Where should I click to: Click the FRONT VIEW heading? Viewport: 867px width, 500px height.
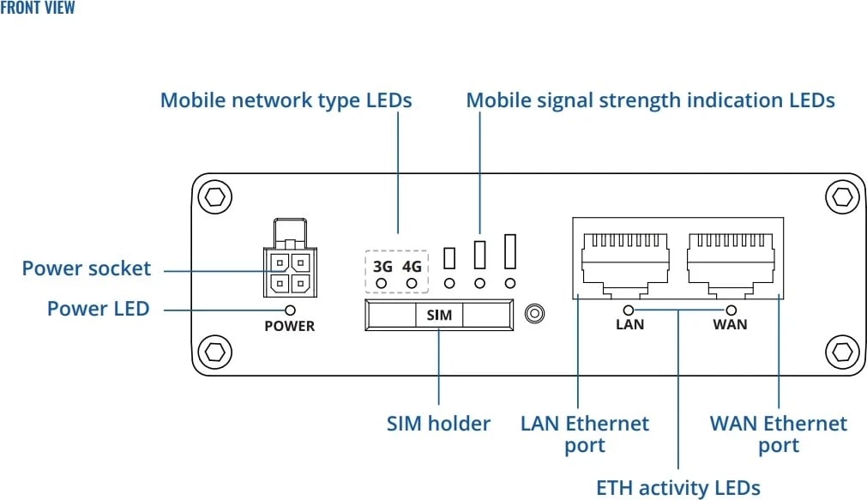pyautogui.click(x=38, y=9)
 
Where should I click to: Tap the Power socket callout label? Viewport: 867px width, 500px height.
pyautogui.click(x=86, y=268)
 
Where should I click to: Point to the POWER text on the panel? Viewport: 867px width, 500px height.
pyautogui.click(x=289, y=326)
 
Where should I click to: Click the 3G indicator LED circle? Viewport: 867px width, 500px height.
pyautogui.click(x=382, y=283)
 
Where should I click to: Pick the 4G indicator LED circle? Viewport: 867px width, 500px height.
pyautogui.click(x=412, y=283)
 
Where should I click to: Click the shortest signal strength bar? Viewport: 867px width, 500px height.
pyautogui.click(x=449, y=257)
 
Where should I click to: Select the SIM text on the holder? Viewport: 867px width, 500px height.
pyautogui.click(x=439, y=315)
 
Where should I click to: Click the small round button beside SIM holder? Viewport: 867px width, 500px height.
pyautogui.click(x=535, y=314)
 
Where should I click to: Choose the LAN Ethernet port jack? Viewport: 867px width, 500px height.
pyautogui.click(x=625, y=256)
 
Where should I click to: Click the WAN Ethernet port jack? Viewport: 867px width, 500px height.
pyautogui.click(x=731, y=256)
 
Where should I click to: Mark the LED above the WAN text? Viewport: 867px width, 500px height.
pyautogui.click(x=731, y=310)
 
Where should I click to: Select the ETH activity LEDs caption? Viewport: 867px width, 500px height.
pyautogui.click(x=677, y=488)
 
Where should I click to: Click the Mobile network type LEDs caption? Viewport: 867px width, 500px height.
pyautogui.click(x=286, y=100)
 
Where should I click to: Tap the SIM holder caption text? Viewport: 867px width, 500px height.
pyautogui.click(x=438, y=423)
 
